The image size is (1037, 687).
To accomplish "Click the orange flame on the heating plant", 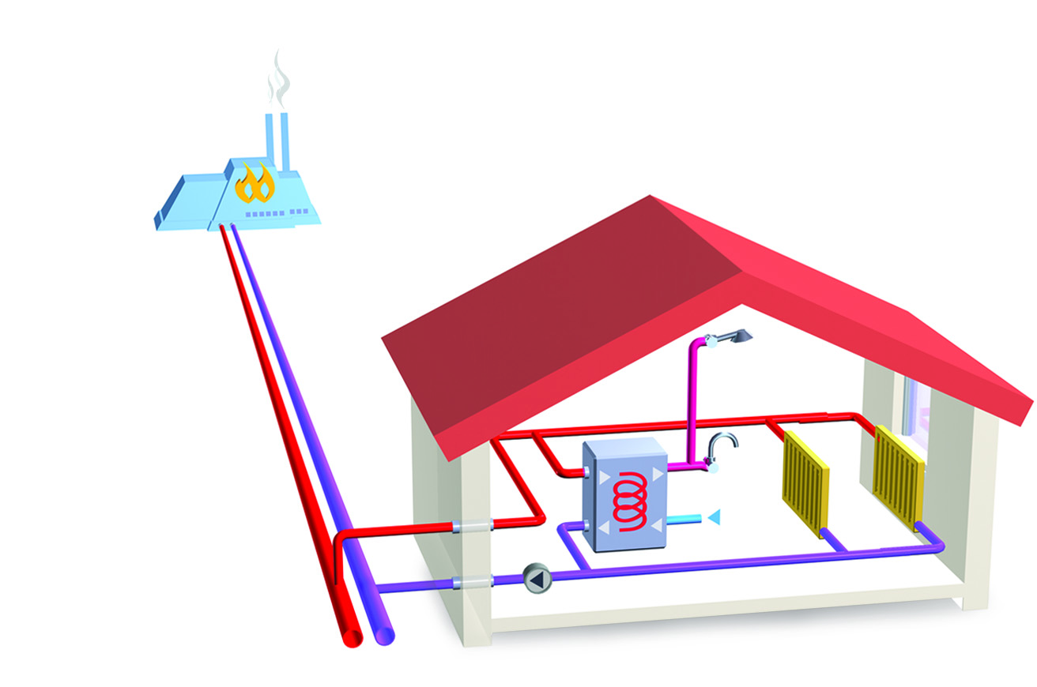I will (255, 185).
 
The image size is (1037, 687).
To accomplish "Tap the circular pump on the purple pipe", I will (537, 579).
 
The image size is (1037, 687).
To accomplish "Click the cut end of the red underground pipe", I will (350, 638).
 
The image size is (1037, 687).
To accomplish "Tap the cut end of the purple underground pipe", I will (383, 634).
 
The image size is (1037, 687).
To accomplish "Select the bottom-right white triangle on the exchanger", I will (655, 528).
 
